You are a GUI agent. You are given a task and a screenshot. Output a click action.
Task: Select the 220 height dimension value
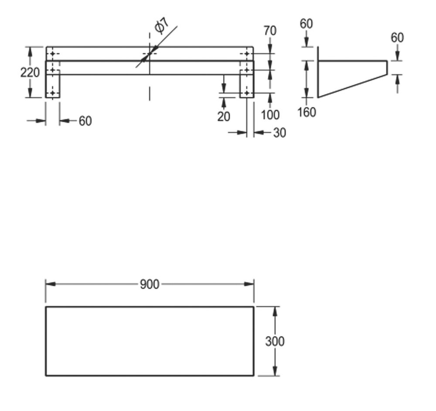(x=30, y=72)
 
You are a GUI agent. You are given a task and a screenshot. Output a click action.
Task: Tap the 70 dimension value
(x=270, y=31)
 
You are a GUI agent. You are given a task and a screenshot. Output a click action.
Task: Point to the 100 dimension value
(x=270, y=115)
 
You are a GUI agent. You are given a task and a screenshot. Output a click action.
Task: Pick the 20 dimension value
(x=224, y=116)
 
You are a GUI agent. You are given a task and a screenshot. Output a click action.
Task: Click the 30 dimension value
(x=279, y=133)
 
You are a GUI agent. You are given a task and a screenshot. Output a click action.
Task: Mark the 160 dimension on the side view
(x=307, y=112)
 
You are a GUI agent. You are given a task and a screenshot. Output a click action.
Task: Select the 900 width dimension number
(x=150, y=284)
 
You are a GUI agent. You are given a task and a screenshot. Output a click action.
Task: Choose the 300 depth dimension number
(x=275, y=341)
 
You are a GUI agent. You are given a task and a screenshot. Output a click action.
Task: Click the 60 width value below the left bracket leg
(x=85, y=121)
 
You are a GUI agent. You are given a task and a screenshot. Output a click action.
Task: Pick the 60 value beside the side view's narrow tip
(x=397, y=38)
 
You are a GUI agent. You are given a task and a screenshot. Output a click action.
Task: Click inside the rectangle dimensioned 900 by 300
(x=150, y=341)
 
